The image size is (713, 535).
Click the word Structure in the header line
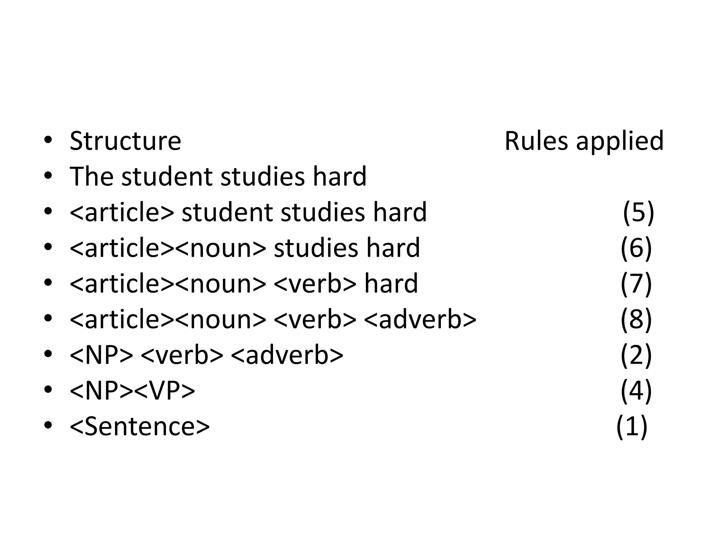(125, 141)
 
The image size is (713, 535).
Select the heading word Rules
(536, 141)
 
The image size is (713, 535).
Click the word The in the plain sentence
(91, 177)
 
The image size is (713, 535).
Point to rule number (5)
(638, 212)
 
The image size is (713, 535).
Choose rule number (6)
(636, 248)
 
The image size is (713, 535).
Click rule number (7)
(636, 284)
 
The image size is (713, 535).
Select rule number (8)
(636, 319)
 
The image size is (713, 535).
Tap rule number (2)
(636, 355)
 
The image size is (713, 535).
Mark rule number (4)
(636, 390)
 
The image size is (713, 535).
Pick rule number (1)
(632, 426)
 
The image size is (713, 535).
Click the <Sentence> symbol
(140, 426)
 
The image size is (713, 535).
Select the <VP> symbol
(164, 391)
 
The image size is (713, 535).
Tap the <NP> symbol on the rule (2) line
(101, 355)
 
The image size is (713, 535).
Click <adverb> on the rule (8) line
(420, 319)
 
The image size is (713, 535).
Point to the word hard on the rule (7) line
(391, 284)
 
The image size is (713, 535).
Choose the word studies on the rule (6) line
(316, 248)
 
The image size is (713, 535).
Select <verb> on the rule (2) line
(182, 355)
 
